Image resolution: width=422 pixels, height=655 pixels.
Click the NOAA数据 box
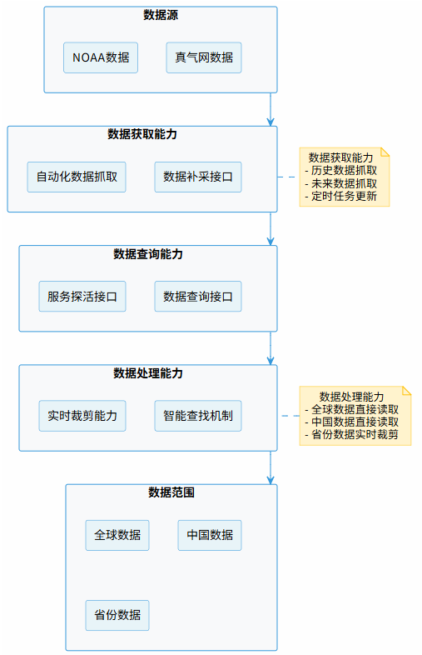101,57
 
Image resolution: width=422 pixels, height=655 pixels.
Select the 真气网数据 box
204,57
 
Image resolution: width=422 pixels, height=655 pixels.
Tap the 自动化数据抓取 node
77,177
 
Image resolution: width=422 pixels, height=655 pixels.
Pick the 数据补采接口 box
198,177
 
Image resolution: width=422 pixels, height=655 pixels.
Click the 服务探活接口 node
82,296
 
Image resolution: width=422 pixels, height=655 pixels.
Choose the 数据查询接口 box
198,296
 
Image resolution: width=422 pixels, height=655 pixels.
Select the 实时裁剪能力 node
82,415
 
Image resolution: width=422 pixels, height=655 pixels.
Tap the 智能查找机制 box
198,415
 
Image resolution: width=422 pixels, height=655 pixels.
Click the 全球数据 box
117,535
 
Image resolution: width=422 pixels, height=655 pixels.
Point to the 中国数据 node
210,535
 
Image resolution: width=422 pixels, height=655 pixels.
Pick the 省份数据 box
117,615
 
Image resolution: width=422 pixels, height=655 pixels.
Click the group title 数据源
161,15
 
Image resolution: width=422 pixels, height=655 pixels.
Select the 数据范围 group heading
171,492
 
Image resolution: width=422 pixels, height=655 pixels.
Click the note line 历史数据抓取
344,170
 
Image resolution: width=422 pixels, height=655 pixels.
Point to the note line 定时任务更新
344,197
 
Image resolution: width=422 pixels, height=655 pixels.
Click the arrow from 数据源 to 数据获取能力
271,108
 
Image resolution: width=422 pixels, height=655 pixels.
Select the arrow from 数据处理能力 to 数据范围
271,467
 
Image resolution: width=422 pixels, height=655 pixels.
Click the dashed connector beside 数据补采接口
288,177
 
